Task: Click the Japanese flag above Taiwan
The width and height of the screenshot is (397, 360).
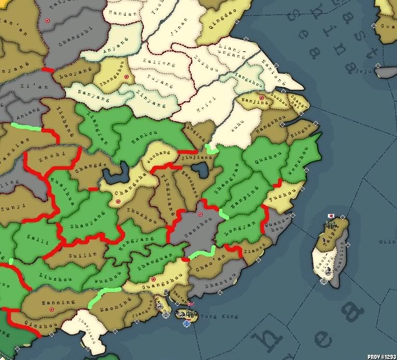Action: (330, 216)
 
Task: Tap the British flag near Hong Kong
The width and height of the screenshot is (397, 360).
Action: (191, 304)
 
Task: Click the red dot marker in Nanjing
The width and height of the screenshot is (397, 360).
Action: (261, 97)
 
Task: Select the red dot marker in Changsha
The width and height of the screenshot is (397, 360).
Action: (118, 201)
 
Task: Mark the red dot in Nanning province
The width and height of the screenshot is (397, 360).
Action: (51, 309)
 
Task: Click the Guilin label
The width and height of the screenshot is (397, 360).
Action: (82, 256)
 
